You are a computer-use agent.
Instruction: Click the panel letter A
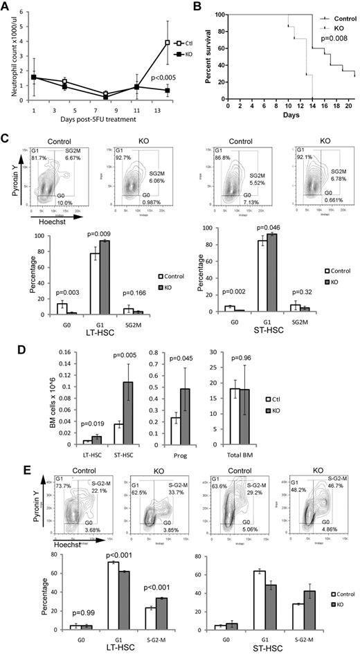pos(8,8)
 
